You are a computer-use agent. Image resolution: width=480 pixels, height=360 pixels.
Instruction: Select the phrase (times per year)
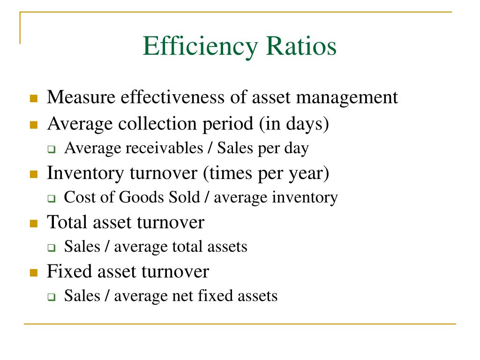(266, 173)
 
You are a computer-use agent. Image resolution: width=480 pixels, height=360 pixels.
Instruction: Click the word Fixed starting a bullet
(66, 271)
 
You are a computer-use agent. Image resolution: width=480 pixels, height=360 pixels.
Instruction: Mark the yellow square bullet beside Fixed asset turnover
(33, 273)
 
